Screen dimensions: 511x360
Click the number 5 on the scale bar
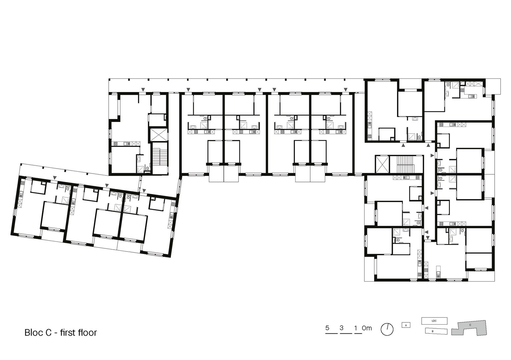[x=327, y=328]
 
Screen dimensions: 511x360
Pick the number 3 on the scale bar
[x=342, y=328]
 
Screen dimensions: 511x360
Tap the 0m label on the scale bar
[x=367, y=328]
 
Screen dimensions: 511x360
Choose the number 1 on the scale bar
[x=356, y=328]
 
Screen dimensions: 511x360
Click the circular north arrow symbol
[x=387, y=329]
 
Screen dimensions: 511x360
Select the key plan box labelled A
[x=406, y=325]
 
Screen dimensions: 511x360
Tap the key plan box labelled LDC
[x=434, y=321]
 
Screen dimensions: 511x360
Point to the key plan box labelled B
[x=436, y=331]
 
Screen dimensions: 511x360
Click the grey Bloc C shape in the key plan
[x=470, y=328]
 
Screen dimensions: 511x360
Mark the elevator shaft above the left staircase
[x=158, y=135]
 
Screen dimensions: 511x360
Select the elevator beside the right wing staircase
[x=382, y=164]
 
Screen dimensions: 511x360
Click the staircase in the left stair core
[x=160, y=157]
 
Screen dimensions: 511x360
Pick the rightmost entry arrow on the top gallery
[x=346, y=89]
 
